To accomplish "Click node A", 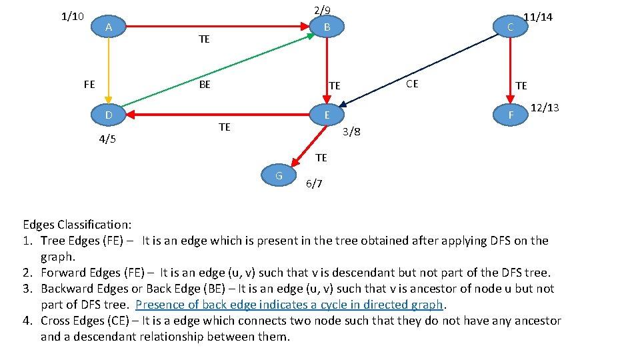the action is pos(108,27).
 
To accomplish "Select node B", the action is pos(327,27).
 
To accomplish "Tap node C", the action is pos(510,27).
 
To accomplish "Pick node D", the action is pos(108,115).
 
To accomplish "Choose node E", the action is pos(327,115).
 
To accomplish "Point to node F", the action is pos(510,115).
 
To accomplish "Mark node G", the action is pos(279,175).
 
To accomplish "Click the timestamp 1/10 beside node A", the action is pos(72,16).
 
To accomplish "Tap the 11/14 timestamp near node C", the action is pos(538,17).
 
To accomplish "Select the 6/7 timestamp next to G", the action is pos(313,184).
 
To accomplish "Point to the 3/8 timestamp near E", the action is pos(351,131).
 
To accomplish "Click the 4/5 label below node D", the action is pos(107,139).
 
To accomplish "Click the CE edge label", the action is pos(412,84).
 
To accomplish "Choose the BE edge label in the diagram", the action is pos(205,85).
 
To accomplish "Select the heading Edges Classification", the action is pos(77,225).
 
